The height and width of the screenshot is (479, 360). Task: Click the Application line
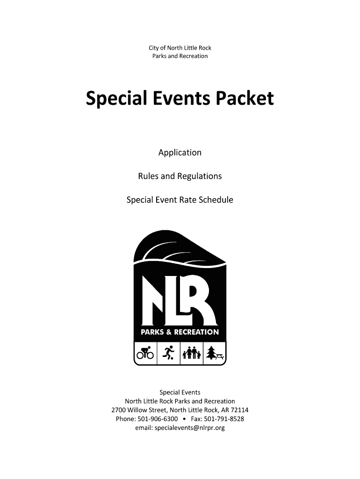(180, 152)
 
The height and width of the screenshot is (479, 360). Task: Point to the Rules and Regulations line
(180, 176)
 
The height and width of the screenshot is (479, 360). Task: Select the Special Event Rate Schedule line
(180, 200)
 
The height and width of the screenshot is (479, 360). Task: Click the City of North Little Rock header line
(180, 48)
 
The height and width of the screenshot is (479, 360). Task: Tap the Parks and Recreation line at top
(180, 56)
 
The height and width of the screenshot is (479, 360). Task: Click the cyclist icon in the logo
(145, 353)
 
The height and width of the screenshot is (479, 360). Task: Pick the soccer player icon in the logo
(169, 353)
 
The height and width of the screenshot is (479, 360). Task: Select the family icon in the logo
(192, 353)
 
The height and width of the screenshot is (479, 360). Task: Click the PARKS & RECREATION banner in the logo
(180, 332)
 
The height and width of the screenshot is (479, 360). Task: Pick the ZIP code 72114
(239, 410)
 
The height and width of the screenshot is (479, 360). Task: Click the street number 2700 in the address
(119, 410)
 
